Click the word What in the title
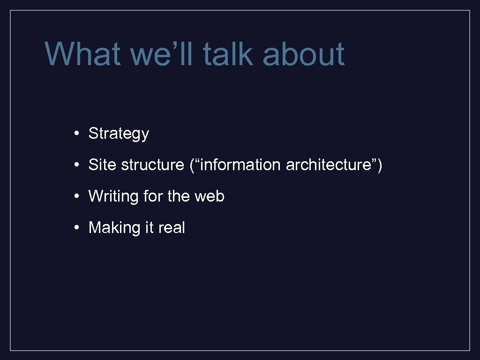click(82, 54)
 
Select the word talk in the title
click(227, 54)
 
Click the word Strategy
click(119, 134)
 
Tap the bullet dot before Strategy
click(76, 134)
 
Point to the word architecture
click(327, 165)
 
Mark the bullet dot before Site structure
click(76, 165)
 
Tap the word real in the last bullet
click(172, 228)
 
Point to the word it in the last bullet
click(150, 228)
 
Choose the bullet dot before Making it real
click(76, 228)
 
